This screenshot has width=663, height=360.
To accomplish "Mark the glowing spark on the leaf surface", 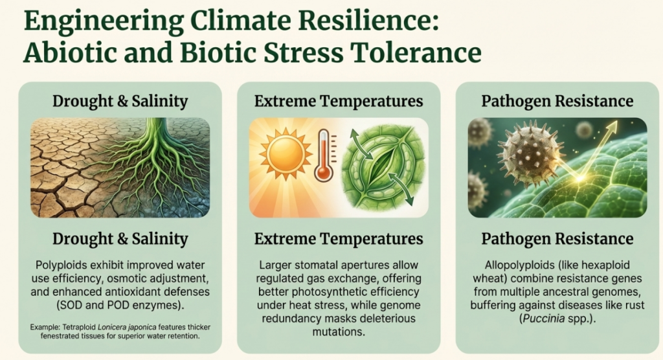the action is tap(579, 179).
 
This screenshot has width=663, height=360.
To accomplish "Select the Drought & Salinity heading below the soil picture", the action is tap(120, 239).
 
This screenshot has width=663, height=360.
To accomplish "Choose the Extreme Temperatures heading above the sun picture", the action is tap(338, 102).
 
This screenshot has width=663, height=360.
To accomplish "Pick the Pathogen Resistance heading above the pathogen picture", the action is tap(557, 102).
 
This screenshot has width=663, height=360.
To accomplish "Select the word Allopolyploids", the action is tap(520, 265).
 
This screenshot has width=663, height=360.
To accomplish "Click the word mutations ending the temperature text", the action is tap(338, 332).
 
